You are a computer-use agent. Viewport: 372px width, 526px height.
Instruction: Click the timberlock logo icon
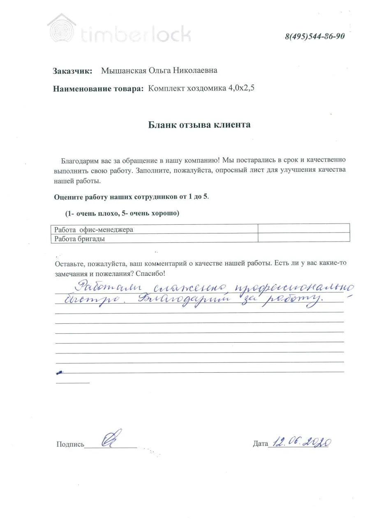coord(61,28)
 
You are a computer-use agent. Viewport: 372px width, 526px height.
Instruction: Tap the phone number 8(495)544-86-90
coord(314,36)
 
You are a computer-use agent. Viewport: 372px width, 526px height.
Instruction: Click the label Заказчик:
coord(72,71)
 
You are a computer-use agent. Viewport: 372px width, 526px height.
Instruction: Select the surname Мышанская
coord(124,71)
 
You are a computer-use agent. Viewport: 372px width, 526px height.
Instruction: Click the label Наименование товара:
coord(98,88)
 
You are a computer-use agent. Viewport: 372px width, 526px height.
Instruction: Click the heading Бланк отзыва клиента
coord(199,125)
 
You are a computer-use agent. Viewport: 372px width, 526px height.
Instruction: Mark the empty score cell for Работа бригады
coord(303,238)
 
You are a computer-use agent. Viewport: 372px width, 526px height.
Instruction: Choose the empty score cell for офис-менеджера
coord(303,229)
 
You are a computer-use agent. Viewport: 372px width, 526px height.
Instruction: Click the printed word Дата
coord(260,444)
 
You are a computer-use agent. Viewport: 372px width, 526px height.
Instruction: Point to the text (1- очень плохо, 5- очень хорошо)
coord(122,214)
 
